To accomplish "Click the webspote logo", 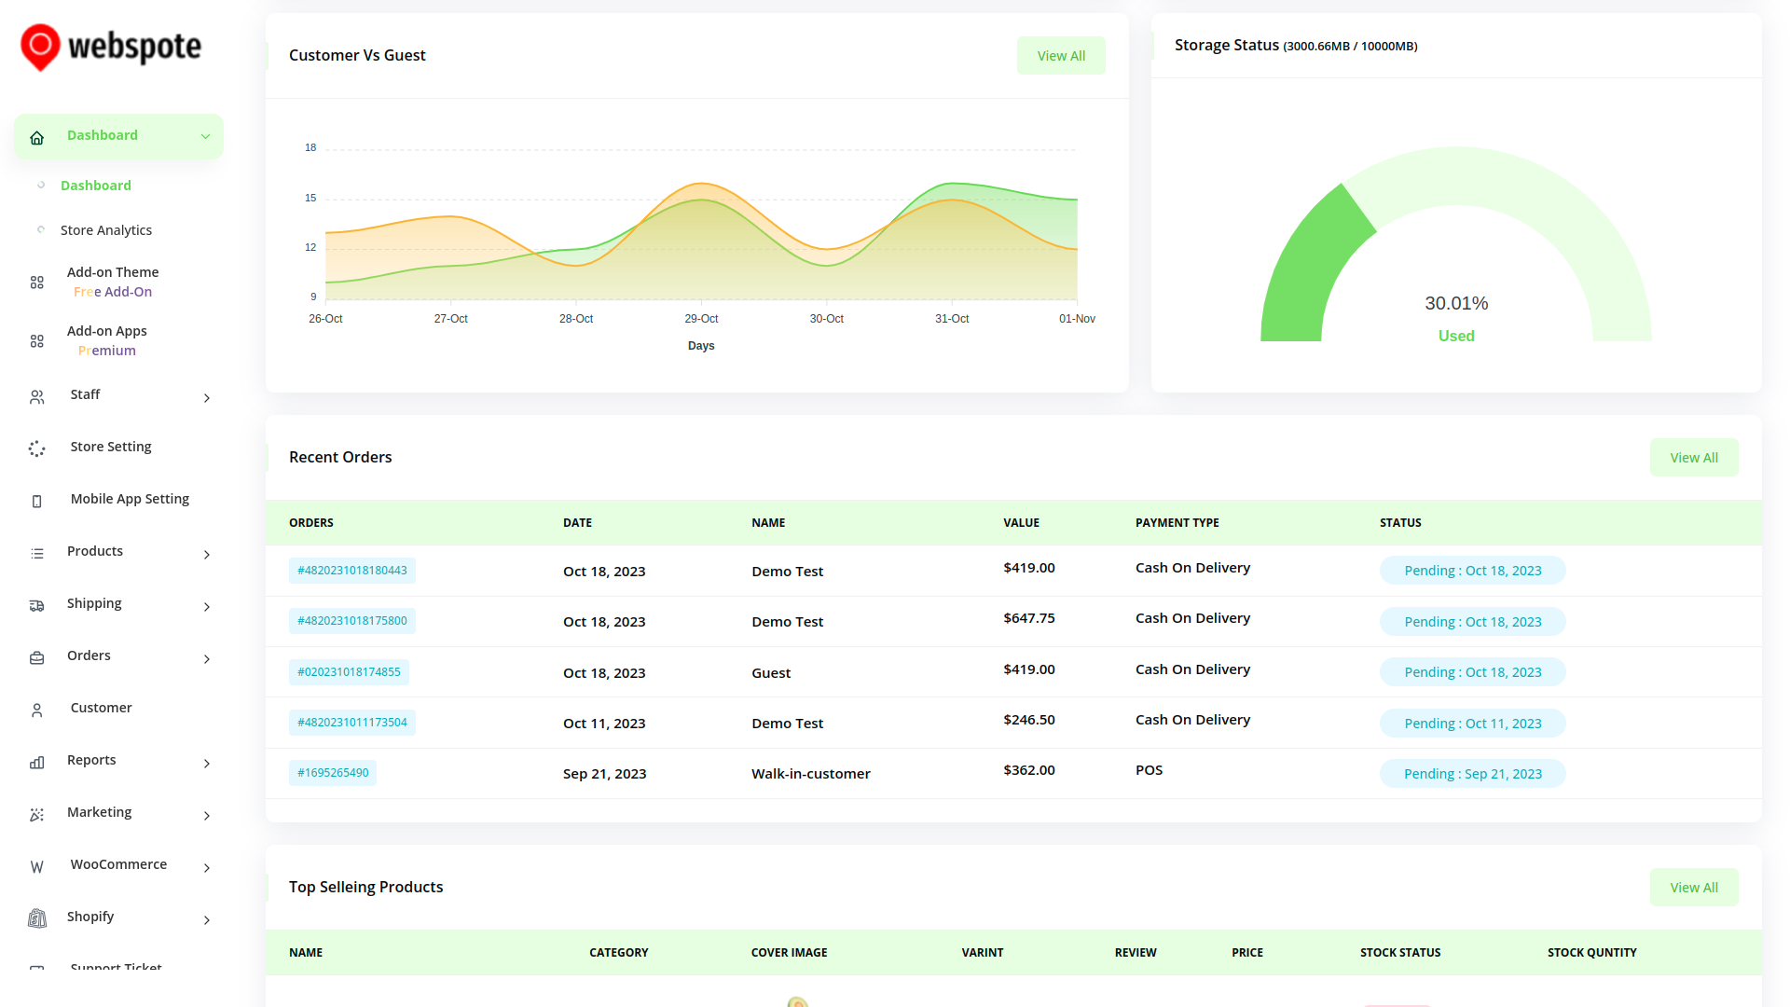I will pos(111,47).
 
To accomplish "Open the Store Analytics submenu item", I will pos(105,230).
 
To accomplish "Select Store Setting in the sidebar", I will pos(110,447).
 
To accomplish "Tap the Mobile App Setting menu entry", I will pos(130,499).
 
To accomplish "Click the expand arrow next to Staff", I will pos(206,398).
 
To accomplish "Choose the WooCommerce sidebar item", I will pos(118,864).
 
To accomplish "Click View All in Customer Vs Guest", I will pos(1061,56).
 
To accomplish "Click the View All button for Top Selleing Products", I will pos(1693,888).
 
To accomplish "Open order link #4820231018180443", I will pos(351,571).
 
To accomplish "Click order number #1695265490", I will pos(333,773).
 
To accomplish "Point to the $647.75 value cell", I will pos(1028,618).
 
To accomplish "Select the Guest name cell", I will pos(771,673).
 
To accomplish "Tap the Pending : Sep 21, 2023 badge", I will pos(1472,774).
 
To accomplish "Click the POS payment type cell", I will pos(1149,770).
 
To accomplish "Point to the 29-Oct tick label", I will pos(701,319).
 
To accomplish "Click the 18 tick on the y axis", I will pos(310,147).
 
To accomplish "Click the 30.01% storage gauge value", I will pos(1456,303).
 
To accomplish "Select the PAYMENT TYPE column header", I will pos(1177,523).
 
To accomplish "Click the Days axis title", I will pos(701,346).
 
